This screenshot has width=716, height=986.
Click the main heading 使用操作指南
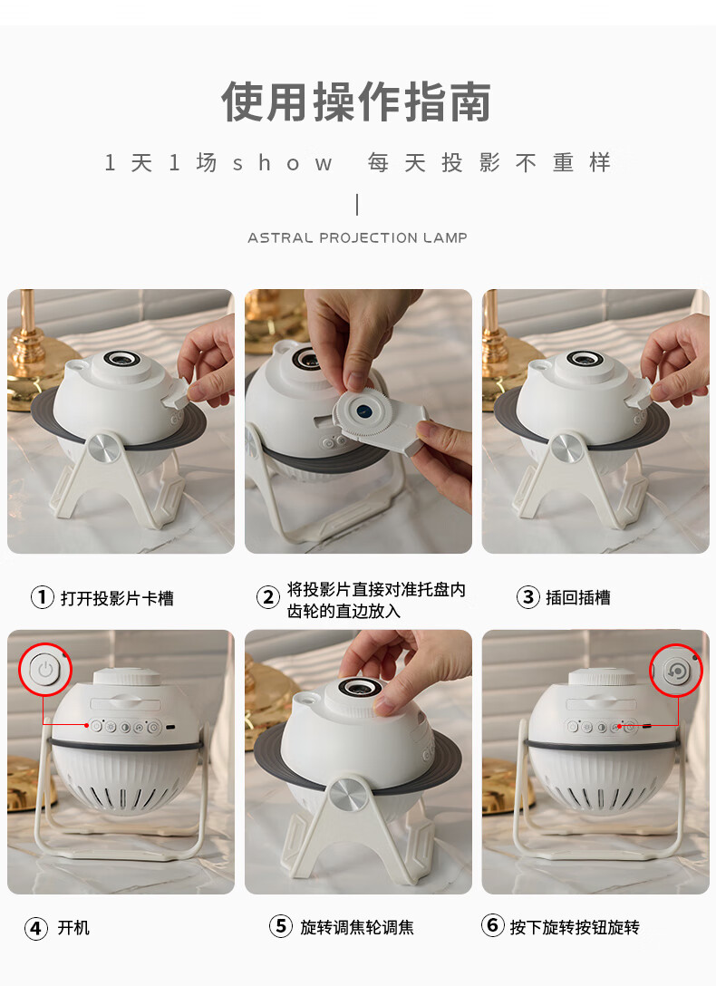click(x=356, y=101)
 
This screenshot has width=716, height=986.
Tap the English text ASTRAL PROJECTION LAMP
click(x=357, y=237)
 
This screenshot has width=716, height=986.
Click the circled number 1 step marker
click(x=42, y=596)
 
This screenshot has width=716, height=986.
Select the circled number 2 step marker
click(x=267, y=596)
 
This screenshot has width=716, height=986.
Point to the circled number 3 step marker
click(x=528, y=596)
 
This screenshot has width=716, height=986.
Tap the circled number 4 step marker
click(x=36, y=927)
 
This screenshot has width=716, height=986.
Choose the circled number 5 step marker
click(x=280, y=925)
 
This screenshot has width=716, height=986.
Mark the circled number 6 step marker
click(x=493, y=925)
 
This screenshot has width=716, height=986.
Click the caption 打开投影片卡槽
click(x=117, y=597)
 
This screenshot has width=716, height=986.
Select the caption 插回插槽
click(x=577, y=597)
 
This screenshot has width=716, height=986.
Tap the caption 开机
click(x=73, y=927)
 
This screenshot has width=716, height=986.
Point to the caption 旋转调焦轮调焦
click(x=357, y=927)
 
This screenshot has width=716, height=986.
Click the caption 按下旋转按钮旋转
click(x=575, y=927)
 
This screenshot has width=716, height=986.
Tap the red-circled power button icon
click(x=45, y=670)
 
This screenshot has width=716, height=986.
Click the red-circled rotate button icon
click(x=676, y=671)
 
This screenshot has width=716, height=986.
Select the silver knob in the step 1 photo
click(x=102, y=449)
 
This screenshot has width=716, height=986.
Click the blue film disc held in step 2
click(x=363, y=411)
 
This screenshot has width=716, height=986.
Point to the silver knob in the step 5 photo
click(x=344, y=794)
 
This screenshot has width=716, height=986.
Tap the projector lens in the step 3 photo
click(x=585, y=359)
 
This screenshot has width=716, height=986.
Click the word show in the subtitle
click(x=282, y=163)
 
